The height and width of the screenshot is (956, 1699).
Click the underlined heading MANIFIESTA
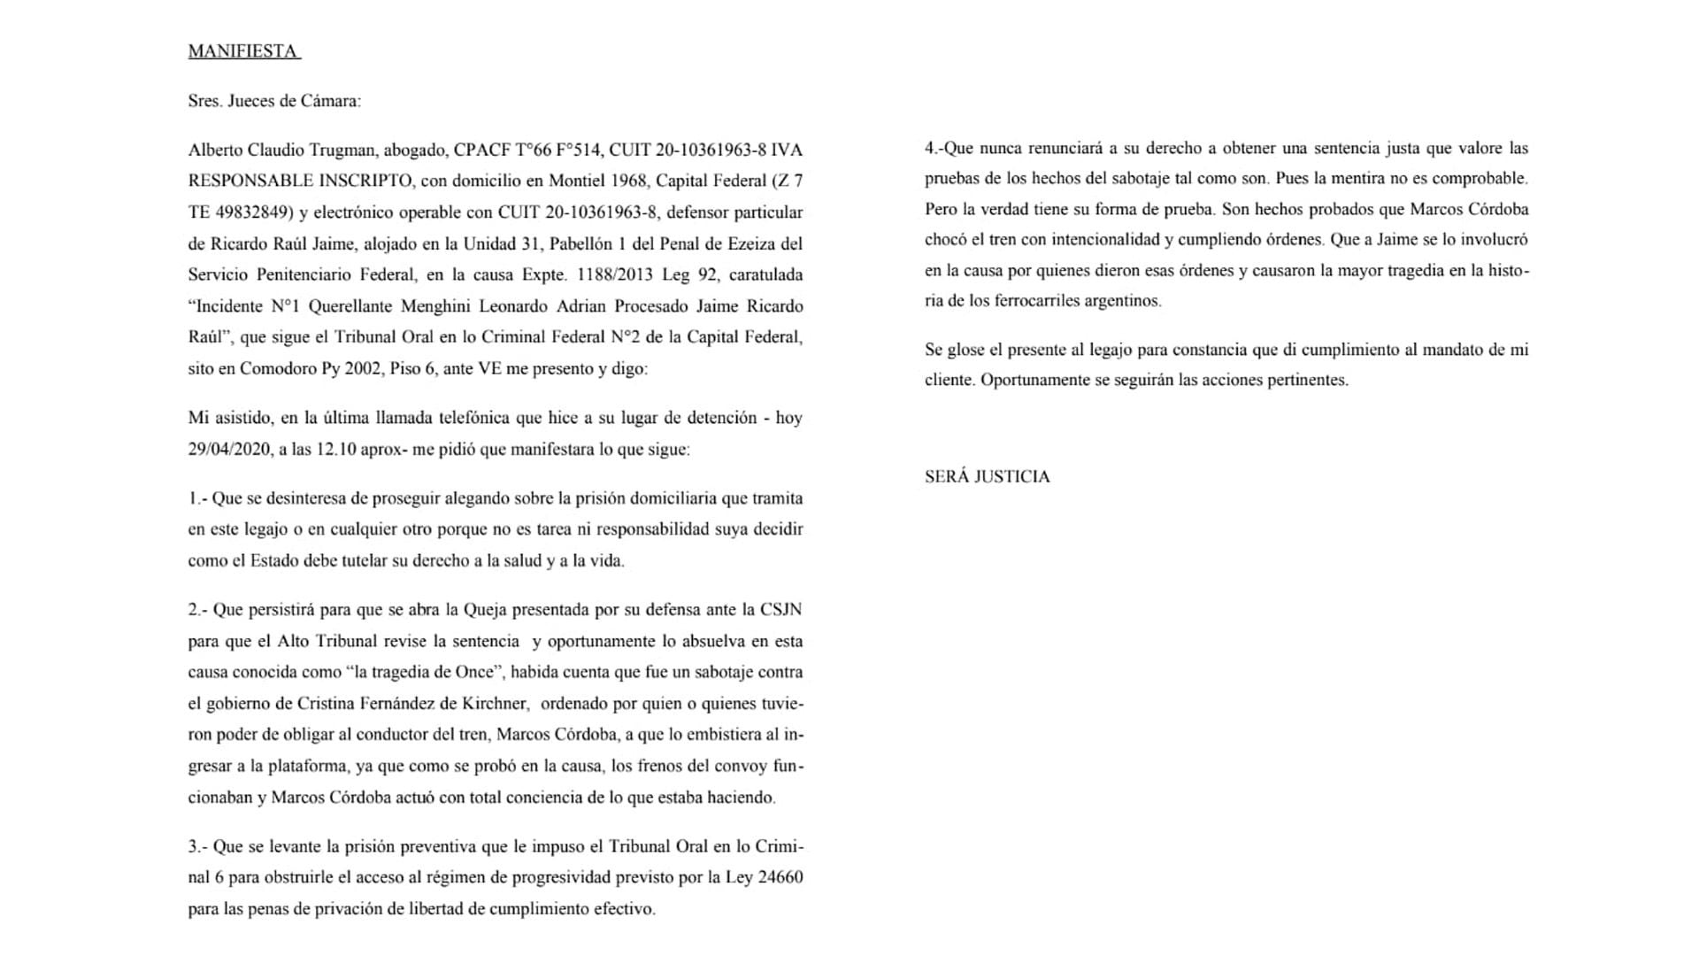(x=243, y=51)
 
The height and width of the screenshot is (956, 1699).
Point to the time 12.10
(x=335, y=449)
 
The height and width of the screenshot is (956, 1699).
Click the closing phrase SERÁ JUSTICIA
(x=987, y=476)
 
